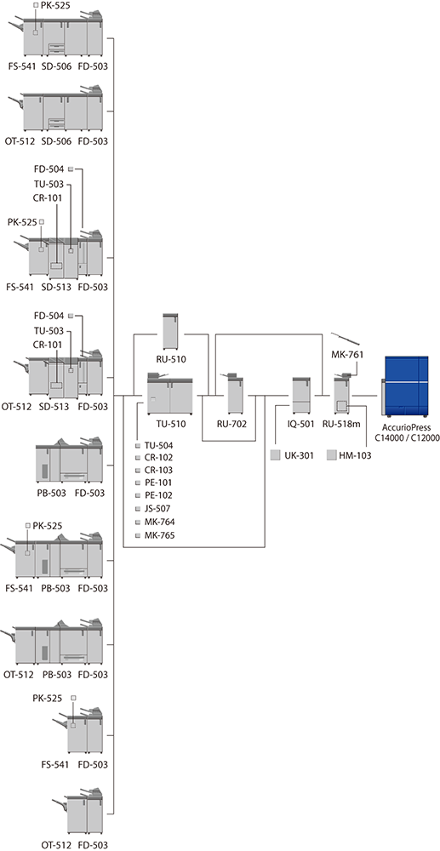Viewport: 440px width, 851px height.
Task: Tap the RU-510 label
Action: click(171, 358)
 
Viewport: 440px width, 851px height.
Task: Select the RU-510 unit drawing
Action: click(171, 332)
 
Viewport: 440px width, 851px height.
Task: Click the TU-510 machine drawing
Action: click(170, 393)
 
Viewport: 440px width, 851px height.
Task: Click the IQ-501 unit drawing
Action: click(300, 395)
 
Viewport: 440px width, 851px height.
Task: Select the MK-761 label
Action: click(346, 355)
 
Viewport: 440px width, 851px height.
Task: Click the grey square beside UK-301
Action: click(275, 455)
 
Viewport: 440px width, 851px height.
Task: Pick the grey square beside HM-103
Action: click(331, 455)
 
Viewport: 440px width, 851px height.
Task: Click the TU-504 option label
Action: click(159, 445)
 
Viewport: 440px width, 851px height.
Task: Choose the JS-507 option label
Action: click(158, 509)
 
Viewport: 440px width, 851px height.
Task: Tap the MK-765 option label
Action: click(159, 535)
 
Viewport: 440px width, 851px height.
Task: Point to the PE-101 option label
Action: click(158, 483)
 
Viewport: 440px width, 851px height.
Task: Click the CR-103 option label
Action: click(159, 470)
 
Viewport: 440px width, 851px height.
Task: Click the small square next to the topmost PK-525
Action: click(36, 5)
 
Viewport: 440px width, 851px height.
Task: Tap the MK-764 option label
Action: click(159, 523)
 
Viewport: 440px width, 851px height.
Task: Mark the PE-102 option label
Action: click(158, 495)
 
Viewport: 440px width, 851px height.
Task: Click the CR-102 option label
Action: click(159, 457)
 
